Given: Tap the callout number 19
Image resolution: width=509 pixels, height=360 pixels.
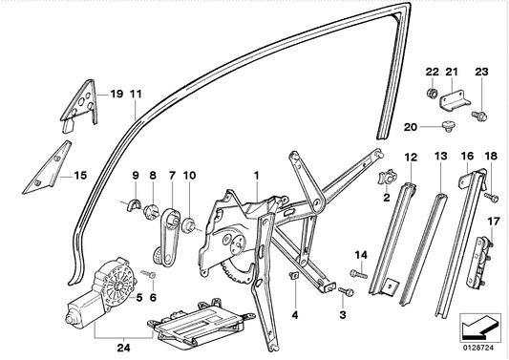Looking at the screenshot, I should click(x=117, y=94).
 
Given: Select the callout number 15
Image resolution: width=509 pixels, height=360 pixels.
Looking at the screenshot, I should click(x=80, y=175).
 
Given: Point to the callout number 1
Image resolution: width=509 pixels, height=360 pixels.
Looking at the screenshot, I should click(x=256, y=175).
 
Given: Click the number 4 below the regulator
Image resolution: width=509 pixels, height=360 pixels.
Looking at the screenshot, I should click(x=295, y=313).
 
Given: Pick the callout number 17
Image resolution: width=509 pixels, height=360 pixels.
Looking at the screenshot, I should click(x=493, y=222).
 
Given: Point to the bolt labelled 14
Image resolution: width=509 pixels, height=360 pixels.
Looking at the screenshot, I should click(x=353, y=274).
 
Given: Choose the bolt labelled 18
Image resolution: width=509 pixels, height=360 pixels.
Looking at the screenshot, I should click(x=489, y=197).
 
